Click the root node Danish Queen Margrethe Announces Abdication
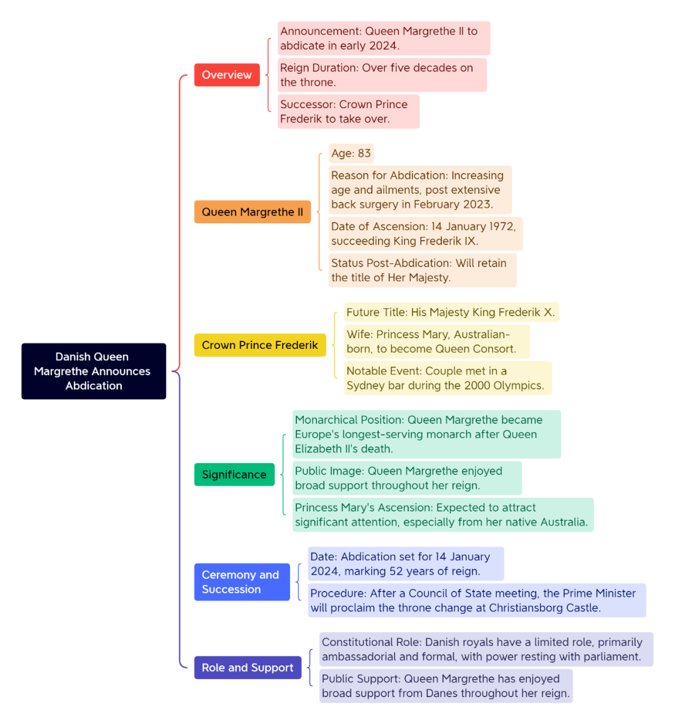(94, 371)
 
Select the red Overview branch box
(227, 75)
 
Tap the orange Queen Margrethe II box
(252, 212)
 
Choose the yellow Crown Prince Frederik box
(260, 345)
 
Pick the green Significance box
(234, 474)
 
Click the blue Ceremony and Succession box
(242, 582)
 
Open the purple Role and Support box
(247, 667)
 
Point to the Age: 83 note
(351, 153)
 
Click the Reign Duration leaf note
(382, 75)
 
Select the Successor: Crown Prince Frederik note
(349, 111)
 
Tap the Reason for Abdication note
(420, 190)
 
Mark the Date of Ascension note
(425, 234)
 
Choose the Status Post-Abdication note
(422, 270)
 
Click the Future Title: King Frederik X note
(451, 312)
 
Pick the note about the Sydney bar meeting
(448, 378)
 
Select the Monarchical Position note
(427, 434)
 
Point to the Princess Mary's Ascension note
(442, 515)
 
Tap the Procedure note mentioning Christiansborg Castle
(477, 600)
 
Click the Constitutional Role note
(486, 649)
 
